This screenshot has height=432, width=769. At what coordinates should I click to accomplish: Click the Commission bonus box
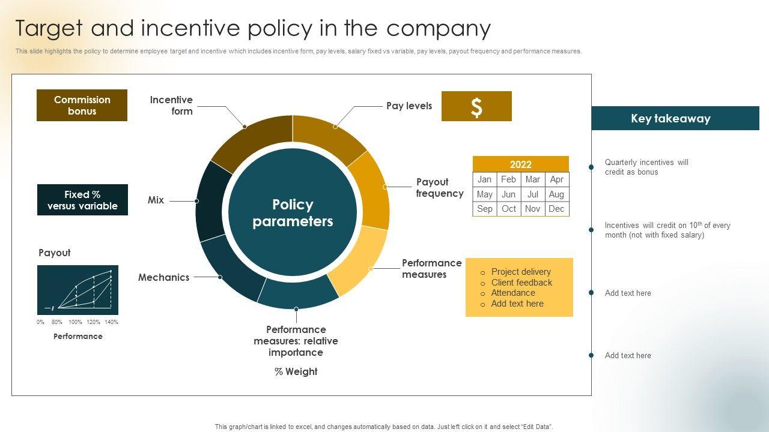(x=82, y=105)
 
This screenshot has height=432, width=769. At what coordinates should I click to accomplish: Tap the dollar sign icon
(x=476, y=107)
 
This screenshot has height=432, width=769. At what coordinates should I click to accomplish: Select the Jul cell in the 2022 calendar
(x=533, y=194)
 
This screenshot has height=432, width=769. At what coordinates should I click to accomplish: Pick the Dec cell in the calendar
(x=557, y=209)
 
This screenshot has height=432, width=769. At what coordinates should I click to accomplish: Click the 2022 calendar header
(x=521, y=164)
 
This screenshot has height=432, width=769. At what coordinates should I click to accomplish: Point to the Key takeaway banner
(x=675, y=118)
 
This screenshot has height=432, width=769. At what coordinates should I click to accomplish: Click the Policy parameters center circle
(x=293, y=212)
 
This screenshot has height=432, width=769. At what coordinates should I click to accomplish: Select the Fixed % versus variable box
(x=82, y=200)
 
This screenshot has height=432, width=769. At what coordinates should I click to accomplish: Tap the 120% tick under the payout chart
(x=93, y=322)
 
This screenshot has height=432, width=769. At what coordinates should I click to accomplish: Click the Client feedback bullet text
(x=521, y=283)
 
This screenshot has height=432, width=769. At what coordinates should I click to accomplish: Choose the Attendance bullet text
(x=513, y=293)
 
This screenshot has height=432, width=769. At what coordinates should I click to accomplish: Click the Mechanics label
(x=164, y=277)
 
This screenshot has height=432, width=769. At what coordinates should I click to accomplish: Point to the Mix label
(x=156, y=200)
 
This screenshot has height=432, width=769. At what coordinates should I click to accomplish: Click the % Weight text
(x=296, y=371)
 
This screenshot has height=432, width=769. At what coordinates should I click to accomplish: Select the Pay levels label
(x=409, y=106)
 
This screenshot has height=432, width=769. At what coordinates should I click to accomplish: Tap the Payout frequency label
(x=440, y=188)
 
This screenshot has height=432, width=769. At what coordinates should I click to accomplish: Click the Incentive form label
(x=171, y=106)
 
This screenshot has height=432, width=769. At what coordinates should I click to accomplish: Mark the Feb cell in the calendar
(x=508, y=179)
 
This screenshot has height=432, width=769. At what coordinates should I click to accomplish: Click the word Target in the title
(x=49, y=28)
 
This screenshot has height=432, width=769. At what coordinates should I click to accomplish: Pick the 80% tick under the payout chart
(x=57, y=322)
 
